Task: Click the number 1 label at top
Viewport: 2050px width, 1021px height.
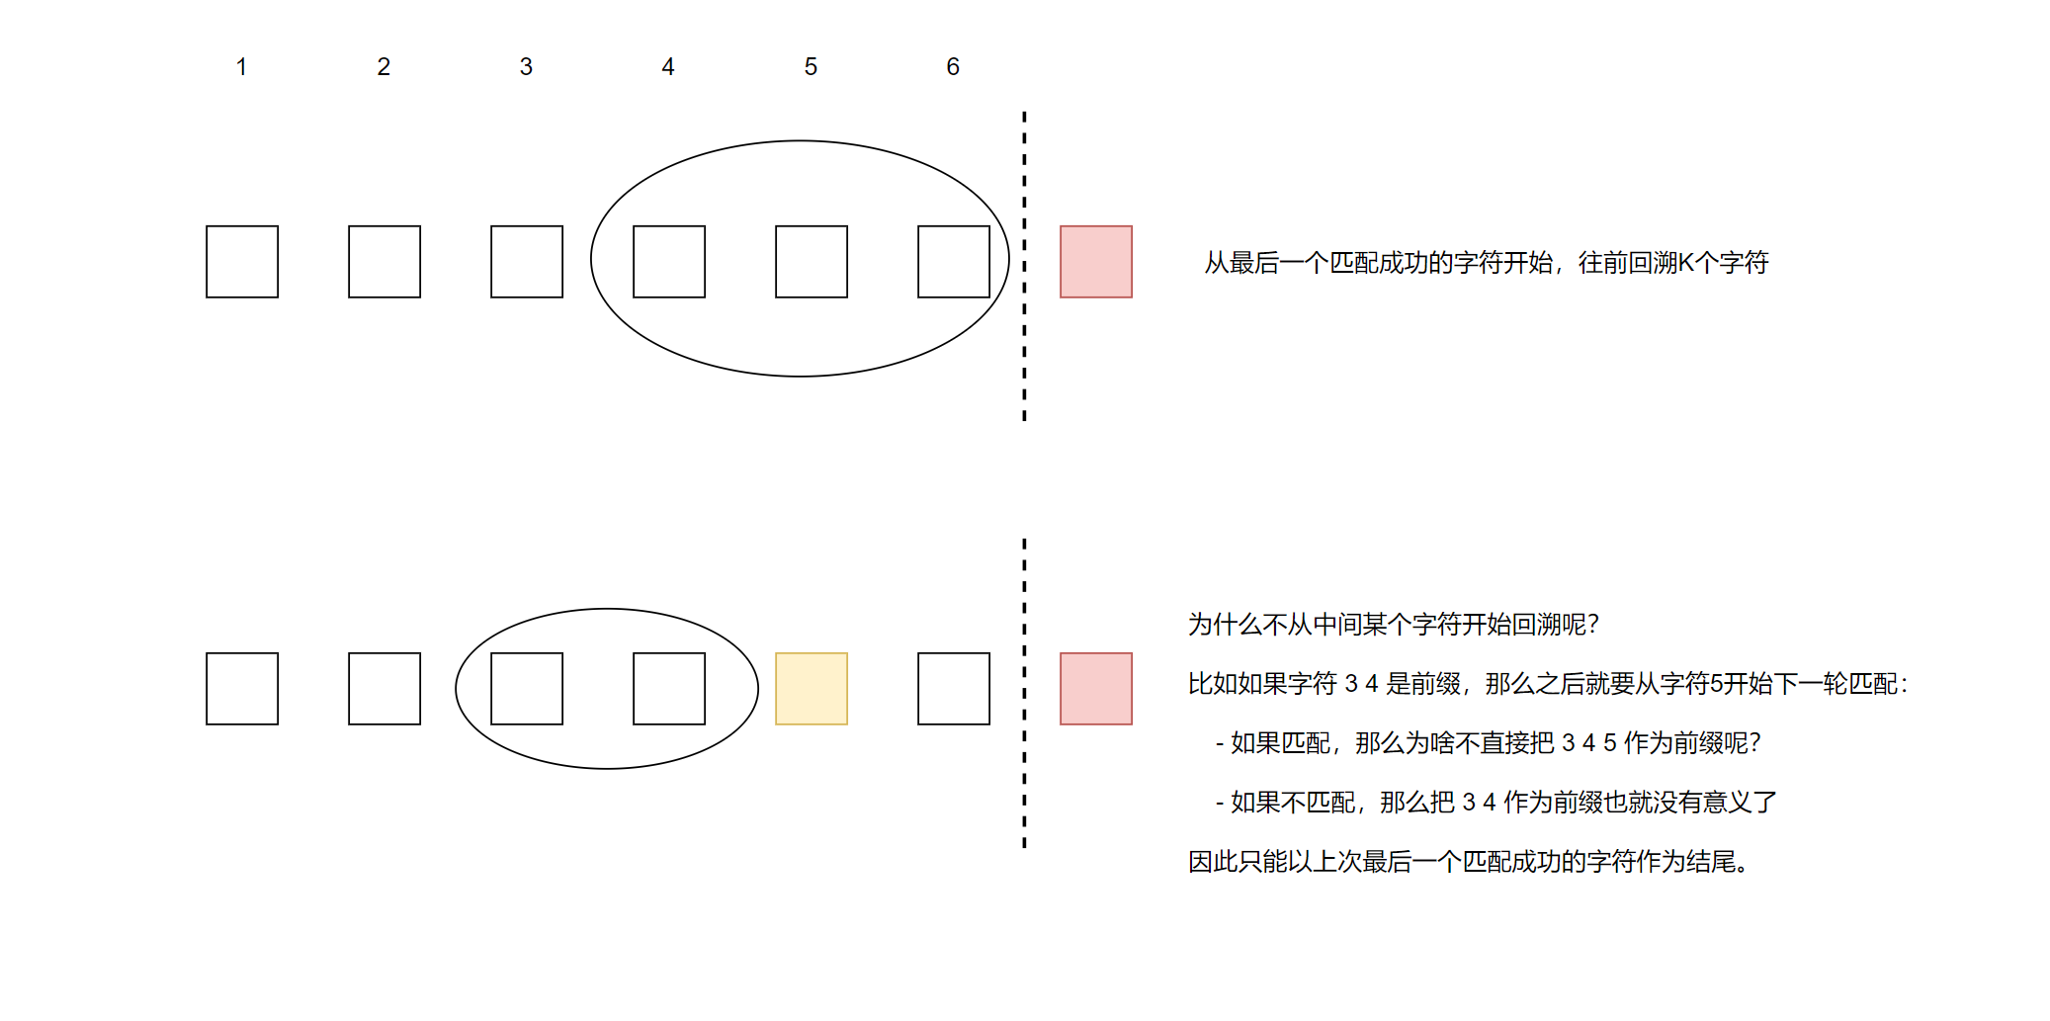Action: pos(241,67)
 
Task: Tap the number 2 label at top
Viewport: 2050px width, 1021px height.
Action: pos(384,67)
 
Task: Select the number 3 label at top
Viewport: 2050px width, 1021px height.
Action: pos(526,67)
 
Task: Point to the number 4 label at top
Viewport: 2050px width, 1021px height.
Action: pos(668,67)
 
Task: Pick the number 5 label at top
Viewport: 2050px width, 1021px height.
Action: pos(811,67)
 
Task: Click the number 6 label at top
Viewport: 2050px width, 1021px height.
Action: pos(953,67)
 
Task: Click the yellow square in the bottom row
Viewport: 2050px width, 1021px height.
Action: pos(811,689)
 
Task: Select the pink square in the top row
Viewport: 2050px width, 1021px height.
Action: pos(1096,262)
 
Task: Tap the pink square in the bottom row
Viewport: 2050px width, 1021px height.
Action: pos(1096,689)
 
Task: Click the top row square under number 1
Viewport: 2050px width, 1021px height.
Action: pos(242,262)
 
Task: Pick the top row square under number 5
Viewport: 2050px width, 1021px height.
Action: pos(811,262)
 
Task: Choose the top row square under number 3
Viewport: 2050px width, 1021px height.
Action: pos(527,262)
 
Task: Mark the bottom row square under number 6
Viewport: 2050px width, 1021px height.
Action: pos(954,689)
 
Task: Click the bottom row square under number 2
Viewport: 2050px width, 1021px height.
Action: pos(384,689)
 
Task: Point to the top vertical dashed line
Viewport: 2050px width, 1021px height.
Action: pos(1024,267)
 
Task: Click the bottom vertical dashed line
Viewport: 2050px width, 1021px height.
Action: pos(1024,692)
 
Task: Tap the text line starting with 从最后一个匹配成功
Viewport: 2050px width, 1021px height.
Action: pos(1486,263)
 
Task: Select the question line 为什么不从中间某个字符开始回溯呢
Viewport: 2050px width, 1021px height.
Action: pos(1393,625)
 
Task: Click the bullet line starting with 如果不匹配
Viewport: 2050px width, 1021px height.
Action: pos(1495,803)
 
